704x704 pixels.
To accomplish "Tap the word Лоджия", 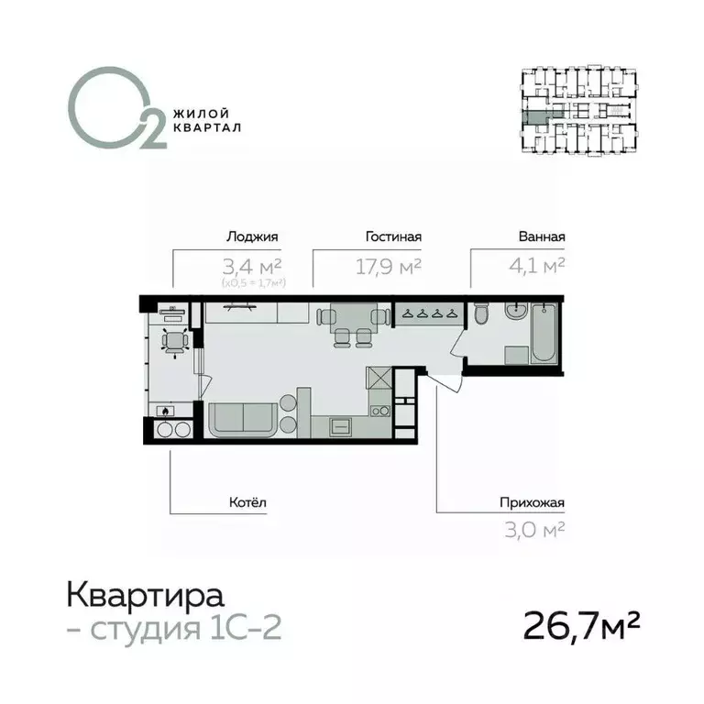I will pyautogui.click(x=251, y=236).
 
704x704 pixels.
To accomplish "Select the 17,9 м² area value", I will pyautogui.click(x=388, y=266).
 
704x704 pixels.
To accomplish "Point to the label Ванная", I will pyautogui.click(x=540, y=236).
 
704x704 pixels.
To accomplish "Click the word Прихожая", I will pyautogui.click(x=532, y=501).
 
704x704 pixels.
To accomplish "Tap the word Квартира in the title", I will pyautogui.click(x=145, y=596).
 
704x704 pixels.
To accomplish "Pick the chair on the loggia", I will pyautogui.click(x=171, y=342).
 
